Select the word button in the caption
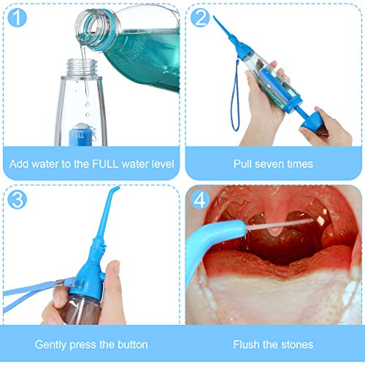[x=131, y=344]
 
